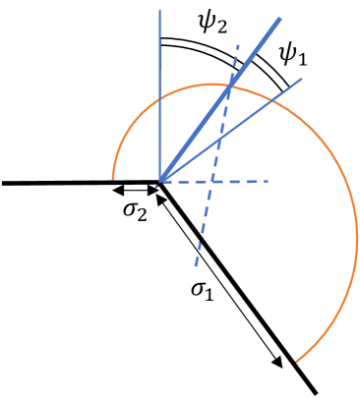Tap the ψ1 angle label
294,57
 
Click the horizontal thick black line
79,182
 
